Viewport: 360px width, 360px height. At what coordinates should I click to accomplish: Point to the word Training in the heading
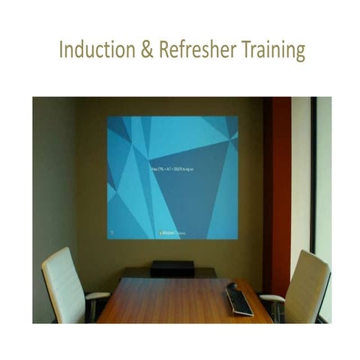[x=274, y=50]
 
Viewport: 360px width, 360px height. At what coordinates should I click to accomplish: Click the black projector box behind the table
[x=172, y=268]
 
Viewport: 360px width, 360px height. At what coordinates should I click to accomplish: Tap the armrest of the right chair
[x=272, y=298]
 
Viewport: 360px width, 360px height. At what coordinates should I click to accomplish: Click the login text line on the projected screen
[x=171, y=172]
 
